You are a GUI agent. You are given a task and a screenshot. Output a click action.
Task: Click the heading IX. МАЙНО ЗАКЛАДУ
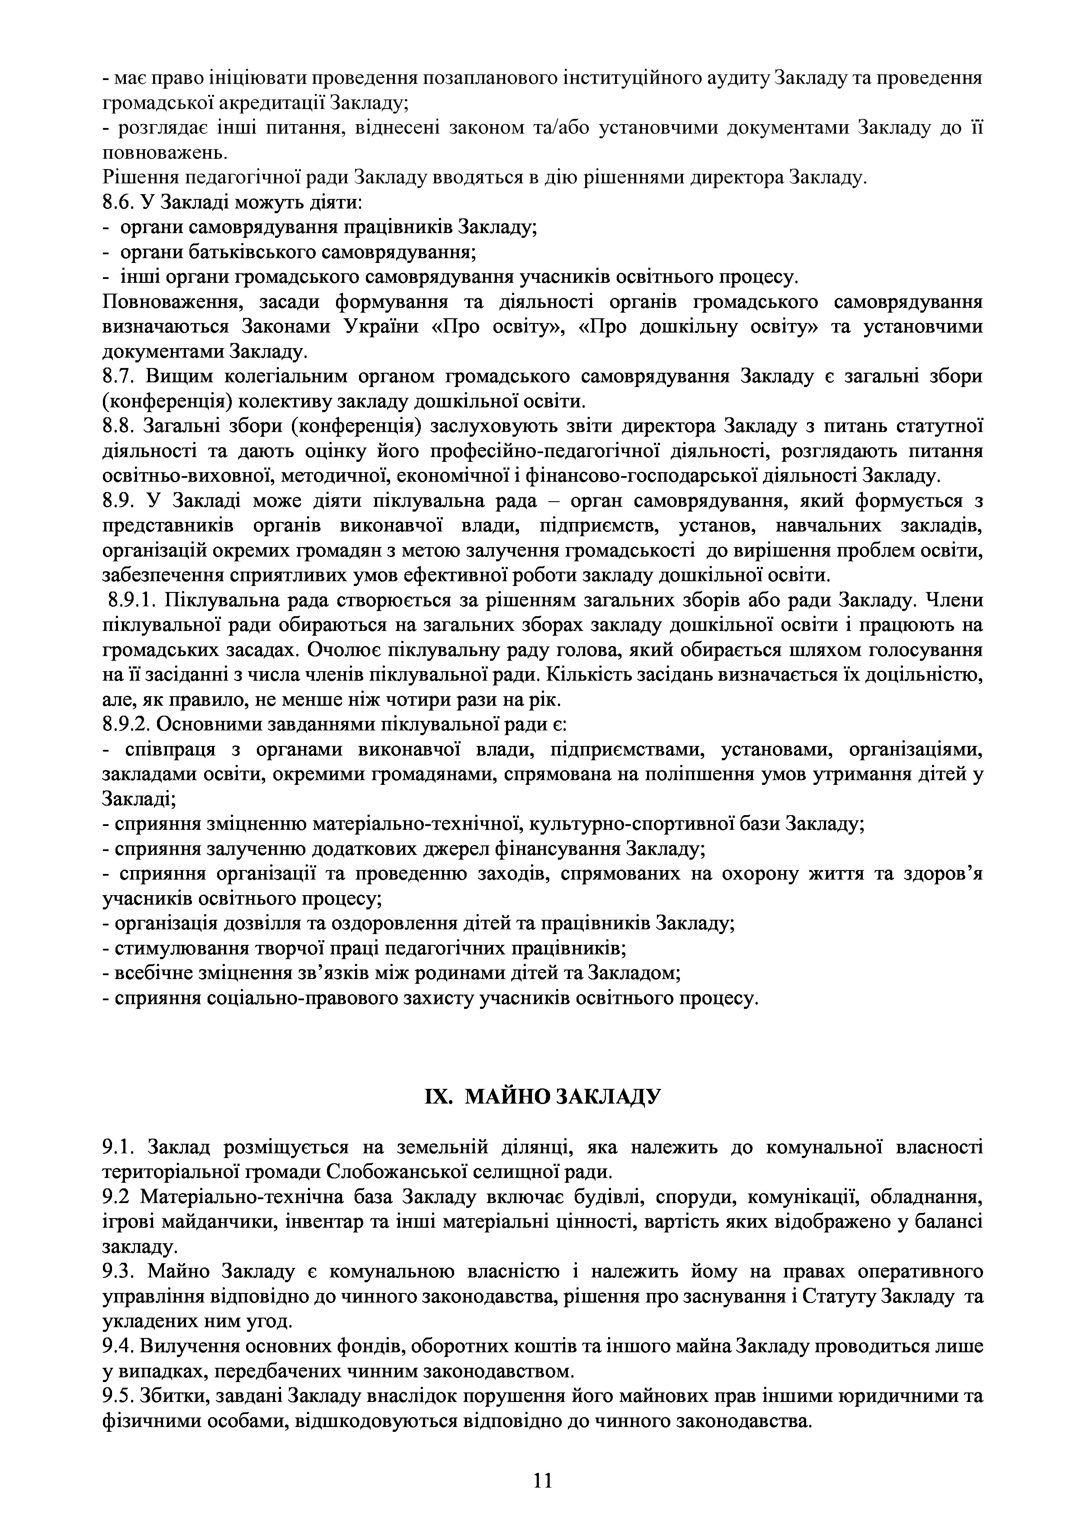point(542,1097)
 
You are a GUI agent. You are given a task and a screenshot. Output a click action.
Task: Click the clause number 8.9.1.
point(132,601)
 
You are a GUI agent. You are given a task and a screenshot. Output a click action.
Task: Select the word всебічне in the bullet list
point(151,973)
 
